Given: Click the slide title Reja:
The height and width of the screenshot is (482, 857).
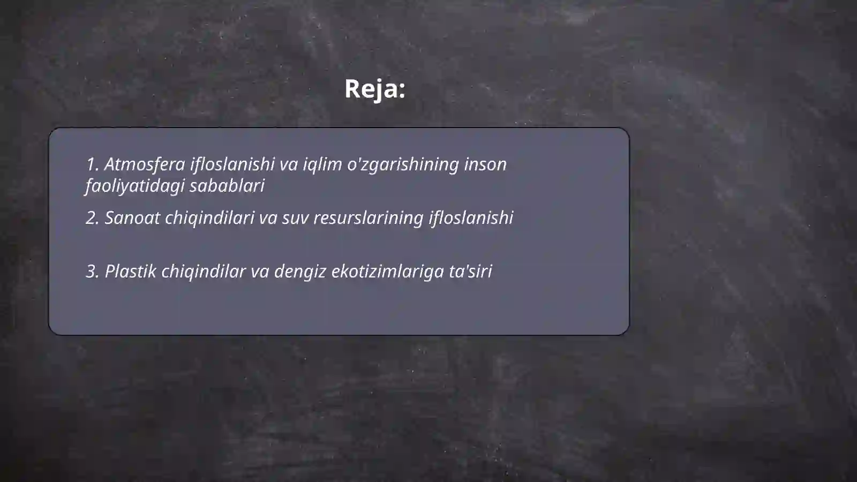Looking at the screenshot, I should [374, 89].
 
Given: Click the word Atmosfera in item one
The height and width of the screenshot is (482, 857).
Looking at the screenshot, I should [144, 164].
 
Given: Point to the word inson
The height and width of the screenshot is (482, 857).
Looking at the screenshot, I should [485, 164].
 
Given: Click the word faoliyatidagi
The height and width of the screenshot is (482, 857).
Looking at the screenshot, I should [134, 186].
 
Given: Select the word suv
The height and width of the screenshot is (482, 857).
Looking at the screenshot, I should [295, 218].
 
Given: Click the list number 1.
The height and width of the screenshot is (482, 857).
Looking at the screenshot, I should [92, 164].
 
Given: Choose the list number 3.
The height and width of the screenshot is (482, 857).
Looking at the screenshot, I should [92, 272].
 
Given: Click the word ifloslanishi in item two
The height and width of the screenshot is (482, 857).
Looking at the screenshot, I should [471, 218].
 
